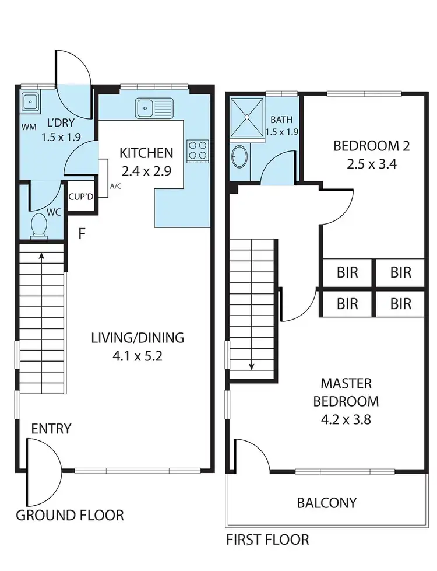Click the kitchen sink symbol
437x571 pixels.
154,107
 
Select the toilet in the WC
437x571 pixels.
40,225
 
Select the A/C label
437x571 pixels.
115,187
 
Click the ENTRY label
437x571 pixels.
51,429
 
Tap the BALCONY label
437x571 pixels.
326,502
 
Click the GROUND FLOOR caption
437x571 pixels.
69,516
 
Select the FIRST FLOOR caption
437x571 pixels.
267,540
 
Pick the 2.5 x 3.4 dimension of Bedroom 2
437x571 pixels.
371,164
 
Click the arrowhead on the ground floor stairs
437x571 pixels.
41,254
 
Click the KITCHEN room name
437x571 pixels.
146,153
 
